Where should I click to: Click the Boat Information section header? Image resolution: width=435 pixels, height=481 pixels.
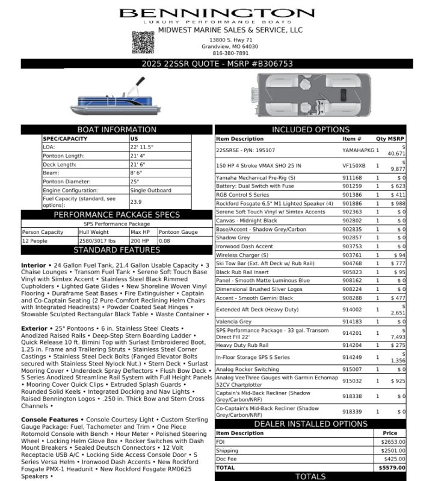point(117,129)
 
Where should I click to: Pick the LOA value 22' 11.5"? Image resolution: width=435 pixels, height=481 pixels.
point(142,147)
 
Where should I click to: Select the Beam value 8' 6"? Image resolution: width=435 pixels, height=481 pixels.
point(137,173)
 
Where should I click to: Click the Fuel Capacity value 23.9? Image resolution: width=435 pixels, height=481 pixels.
point(136,202)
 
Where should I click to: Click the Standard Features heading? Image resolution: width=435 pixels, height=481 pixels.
point(117,250)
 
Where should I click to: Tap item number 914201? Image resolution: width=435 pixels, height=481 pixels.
point(352,332)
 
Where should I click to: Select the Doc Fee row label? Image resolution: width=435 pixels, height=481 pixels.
point(226,459)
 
